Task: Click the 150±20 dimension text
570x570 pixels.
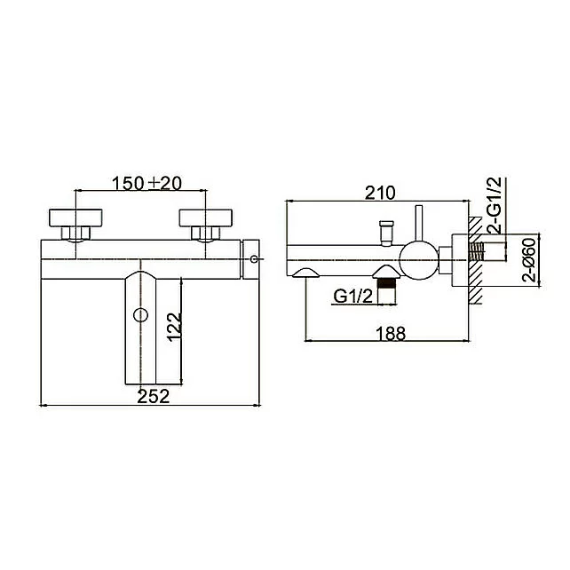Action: click(146, 184)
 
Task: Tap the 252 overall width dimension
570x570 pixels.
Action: click(154, 396)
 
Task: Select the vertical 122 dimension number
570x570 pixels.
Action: click(174, 327)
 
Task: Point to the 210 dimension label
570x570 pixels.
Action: click(380, 193)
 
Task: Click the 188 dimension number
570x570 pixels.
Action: click(391, 334)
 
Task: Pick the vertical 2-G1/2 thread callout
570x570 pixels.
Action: click(495, 205)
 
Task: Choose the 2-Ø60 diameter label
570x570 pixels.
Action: click(529, 260)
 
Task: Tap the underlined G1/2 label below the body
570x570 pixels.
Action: click(353, 297)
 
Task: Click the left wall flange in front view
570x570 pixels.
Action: click(75, 218)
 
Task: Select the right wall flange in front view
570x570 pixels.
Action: click(206, 218)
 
